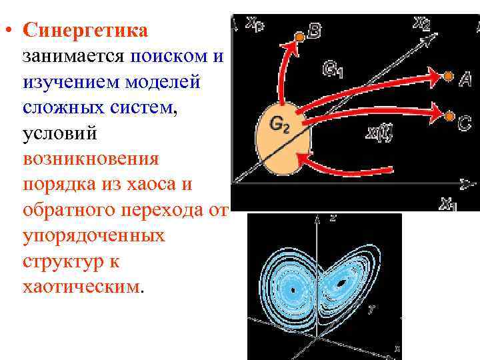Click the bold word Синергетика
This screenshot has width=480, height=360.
(85, 31)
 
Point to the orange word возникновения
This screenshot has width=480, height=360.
(91, 159)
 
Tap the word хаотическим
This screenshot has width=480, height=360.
(82, 287)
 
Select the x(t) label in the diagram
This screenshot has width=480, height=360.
(379, 132)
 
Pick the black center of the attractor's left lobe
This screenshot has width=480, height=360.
(293, 289)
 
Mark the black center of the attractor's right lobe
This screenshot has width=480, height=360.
(341, 283)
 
